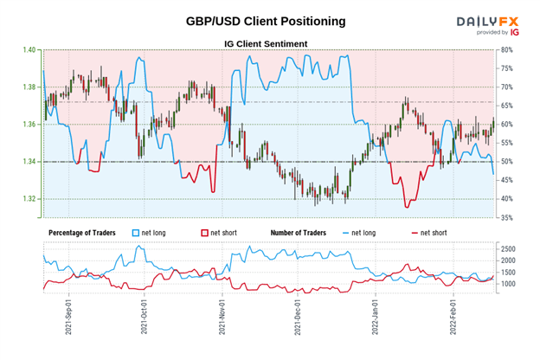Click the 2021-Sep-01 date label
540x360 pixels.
coord(67,318)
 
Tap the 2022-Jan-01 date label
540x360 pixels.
coord(377,318)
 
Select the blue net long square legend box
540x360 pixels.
coord(135,234)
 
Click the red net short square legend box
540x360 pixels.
coord(205,234)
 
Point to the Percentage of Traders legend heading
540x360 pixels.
coord(86,234)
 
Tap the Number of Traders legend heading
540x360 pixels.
coord(302,234)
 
